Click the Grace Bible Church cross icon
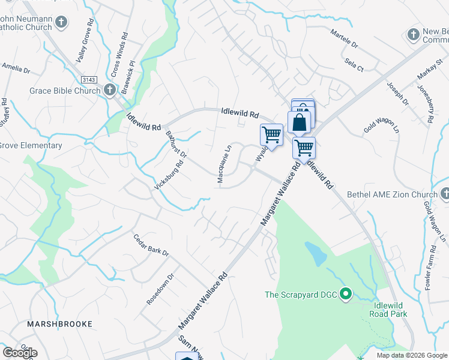pyautogui.click(x=109, y=91)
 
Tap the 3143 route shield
pyautogui.click(x=88, y=80)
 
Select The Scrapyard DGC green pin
pyautogui.click(x=345, y=294)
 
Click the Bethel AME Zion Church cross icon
pyautogui.click(x=445, y=194)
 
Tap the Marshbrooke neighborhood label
pyautogui.click(x=60, y=324)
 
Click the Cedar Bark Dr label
pyautogui.click(x=151, y=245)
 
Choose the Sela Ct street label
pyautogui.click(x=354, y=65)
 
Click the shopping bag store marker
pyautogui.click(x=300, y=121)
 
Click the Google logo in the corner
pyautogui.click(x=19, y=353)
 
